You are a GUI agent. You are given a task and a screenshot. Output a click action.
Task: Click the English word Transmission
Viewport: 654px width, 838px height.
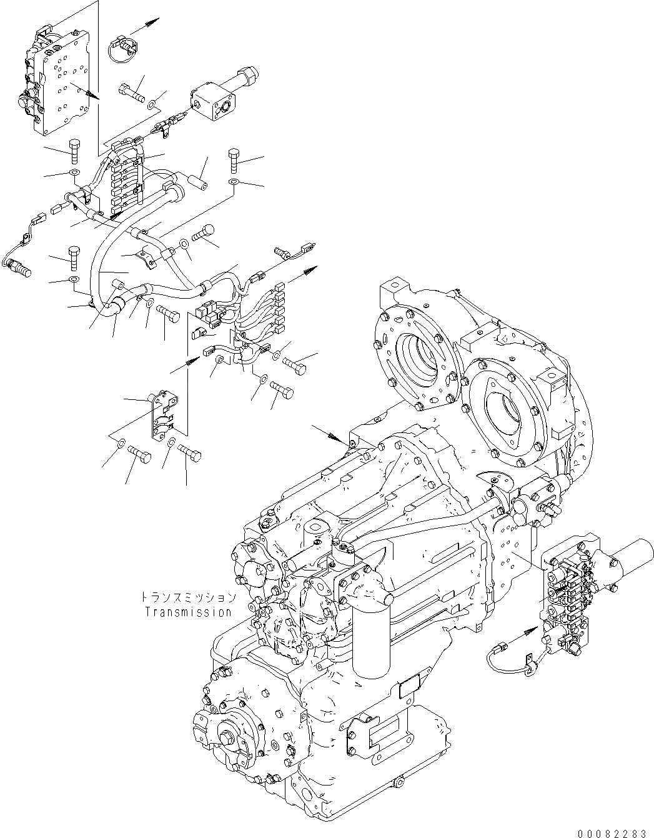click(188, 612)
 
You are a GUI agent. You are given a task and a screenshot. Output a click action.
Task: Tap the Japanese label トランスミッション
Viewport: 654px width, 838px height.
click(188, 597)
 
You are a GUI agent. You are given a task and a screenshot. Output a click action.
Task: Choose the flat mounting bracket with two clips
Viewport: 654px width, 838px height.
click(161, 416)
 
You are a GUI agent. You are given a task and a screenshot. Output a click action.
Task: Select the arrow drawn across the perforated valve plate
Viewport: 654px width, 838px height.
click(85, 90)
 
